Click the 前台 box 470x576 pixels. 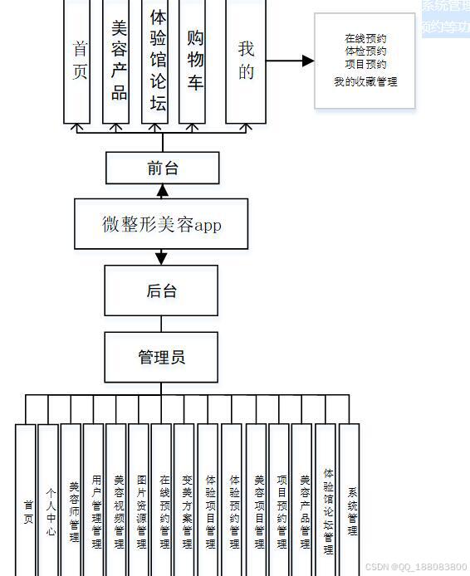coord(163,168)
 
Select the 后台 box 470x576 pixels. coord(161,290)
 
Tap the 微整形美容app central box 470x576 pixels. coord(161,224)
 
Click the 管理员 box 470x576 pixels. coord(161,357)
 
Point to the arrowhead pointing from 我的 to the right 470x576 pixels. coord(308,61)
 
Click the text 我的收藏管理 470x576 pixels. coord(365,81)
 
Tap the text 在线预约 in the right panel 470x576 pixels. coord(365,38)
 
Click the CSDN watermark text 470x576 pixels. coord(416,567)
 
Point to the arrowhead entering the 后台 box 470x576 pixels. coord(161,259)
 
